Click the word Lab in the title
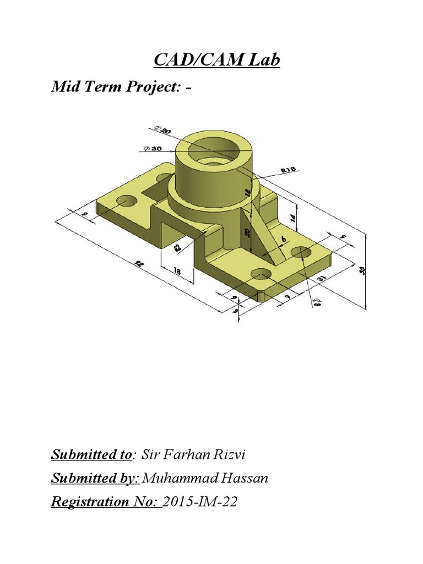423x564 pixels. pos(263,59)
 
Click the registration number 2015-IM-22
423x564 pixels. pos(200,502)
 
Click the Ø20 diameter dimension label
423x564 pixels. pos(164,130)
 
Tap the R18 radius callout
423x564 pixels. pos(289,171)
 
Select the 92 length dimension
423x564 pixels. pos(138,265)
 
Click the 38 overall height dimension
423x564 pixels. pos(362,271)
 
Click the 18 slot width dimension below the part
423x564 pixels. pos(177,271)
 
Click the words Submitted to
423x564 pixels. pos(91,455)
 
